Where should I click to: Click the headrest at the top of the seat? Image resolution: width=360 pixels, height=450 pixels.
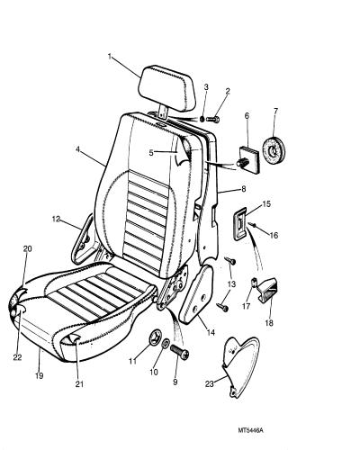coord(166,88)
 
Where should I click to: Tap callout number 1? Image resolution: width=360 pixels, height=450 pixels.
coord(110,56)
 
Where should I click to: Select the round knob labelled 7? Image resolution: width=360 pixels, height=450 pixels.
coord(274,149)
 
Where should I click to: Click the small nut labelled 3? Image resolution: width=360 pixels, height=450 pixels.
coord(202,119)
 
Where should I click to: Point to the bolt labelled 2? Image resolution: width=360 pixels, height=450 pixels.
coord(213,120)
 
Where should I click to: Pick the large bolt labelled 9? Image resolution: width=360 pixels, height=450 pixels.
coord(179,353)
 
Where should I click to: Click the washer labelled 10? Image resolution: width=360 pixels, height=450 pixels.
coord(166,344)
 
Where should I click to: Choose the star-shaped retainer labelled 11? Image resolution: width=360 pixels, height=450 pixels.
coord(155,337)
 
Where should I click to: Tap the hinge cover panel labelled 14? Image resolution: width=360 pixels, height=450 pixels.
coord(196,294)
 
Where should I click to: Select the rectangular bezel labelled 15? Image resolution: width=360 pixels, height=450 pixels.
coord(240,224)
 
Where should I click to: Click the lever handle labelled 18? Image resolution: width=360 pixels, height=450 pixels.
coord(268,290)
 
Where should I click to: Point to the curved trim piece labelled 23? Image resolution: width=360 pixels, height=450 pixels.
coord(240,366)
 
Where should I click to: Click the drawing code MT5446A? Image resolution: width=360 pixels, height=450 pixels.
coord(251,430)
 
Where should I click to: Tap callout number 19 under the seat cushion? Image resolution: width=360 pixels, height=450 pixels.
coord(40,375)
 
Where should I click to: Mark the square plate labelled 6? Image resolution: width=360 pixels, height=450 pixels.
coord(249,159)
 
